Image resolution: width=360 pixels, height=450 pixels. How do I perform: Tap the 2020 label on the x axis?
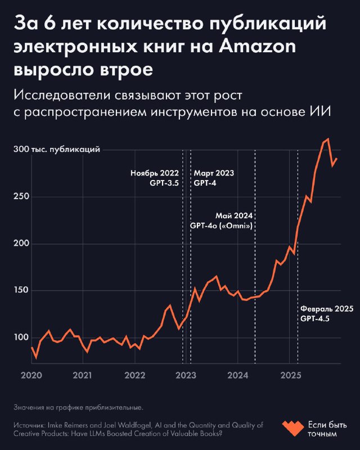tap(31, 375)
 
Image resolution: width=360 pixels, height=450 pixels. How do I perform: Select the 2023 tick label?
tap(187, 375)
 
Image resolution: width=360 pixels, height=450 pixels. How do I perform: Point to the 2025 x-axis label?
tap(290, 375)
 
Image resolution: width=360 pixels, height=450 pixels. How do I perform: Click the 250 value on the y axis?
tap(22, 197)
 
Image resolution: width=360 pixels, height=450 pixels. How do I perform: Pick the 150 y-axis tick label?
tap(22, 291)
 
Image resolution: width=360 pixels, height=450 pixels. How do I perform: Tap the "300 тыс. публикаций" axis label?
tap(57, 150)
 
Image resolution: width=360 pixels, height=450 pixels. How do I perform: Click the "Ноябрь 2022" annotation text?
tap(154, 173)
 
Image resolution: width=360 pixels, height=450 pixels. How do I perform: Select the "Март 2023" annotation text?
tap(214, 173)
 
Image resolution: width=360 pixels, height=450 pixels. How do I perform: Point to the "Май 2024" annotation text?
tap(234, 215)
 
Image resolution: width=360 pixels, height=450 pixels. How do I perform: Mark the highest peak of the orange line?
tap(328, 139)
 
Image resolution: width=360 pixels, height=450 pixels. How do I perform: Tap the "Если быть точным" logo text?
tap(325, 429)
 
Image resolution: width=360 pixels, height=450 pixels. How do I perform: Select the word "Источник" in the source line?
tap(27, 425)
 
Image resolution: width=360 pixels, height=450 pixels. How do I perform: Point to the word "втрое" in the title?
tap(127, 72)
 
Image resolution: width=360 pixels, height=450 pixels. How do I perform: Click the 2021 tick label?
tap(83, 375)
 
